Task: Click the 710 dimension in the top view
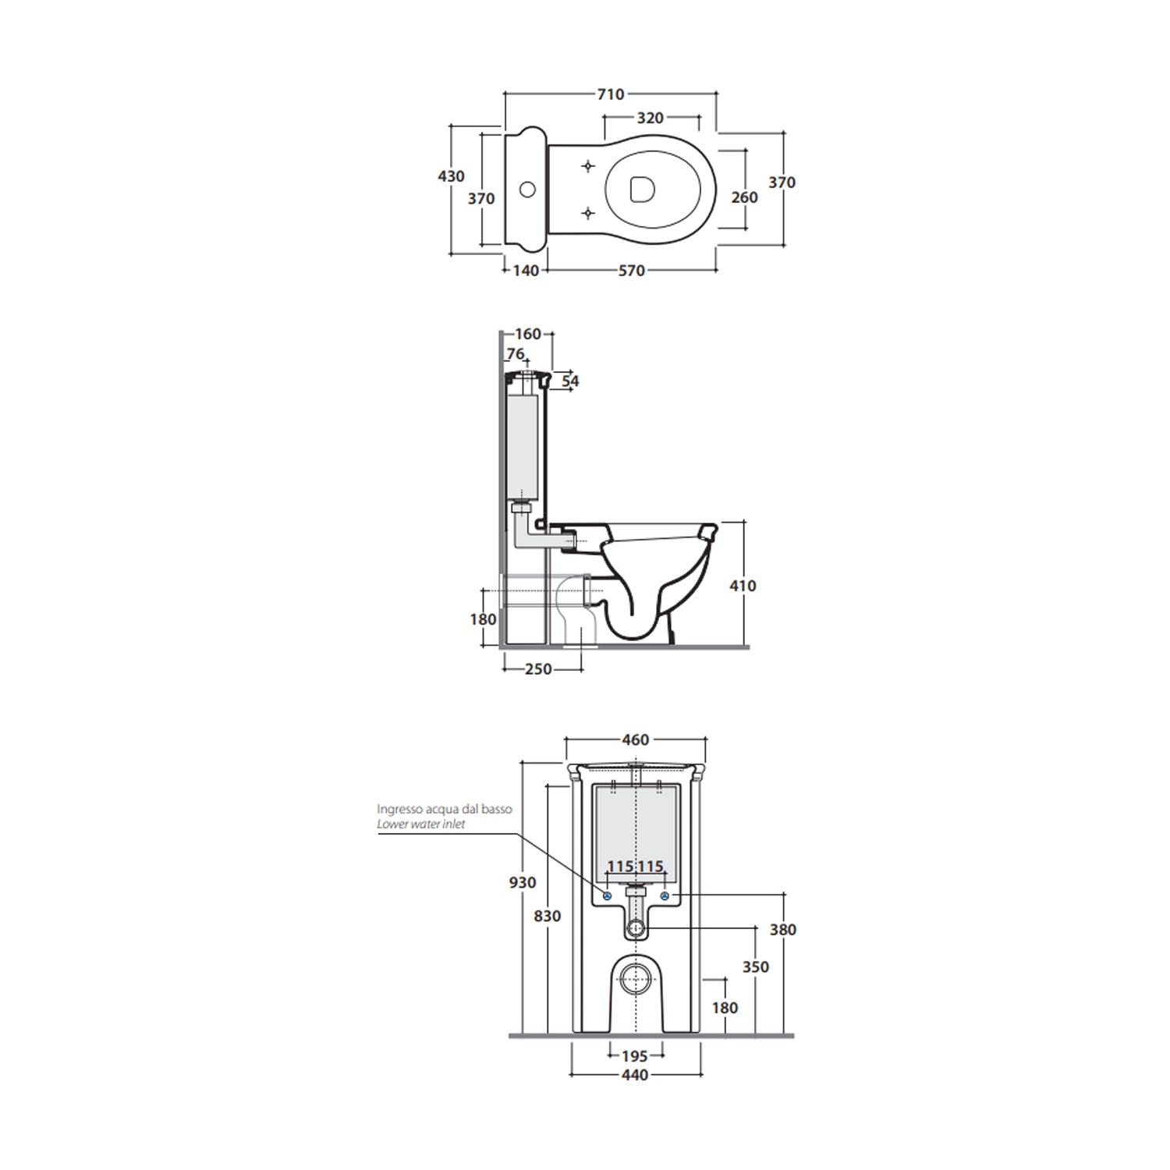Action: (x=611, y=94)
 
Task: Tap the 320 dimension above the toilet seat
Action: (x=651, y=118)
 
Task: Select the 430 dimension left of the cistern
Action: (x=451, y=176)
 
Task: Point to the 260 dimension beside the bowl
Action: (x=744, y=197)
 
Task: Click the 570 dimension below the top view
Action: (x=632, y=271)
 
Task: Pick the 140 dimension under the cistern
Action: (x=526, y=271)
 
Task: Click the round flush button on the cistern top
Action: (x=528, y=189)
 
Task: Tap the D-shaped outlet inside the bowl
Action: (x=640, y=190)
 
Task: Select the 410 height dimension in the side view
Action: (x=743, y=586)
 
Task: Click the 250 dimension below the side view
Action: (x=538, y=669)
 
